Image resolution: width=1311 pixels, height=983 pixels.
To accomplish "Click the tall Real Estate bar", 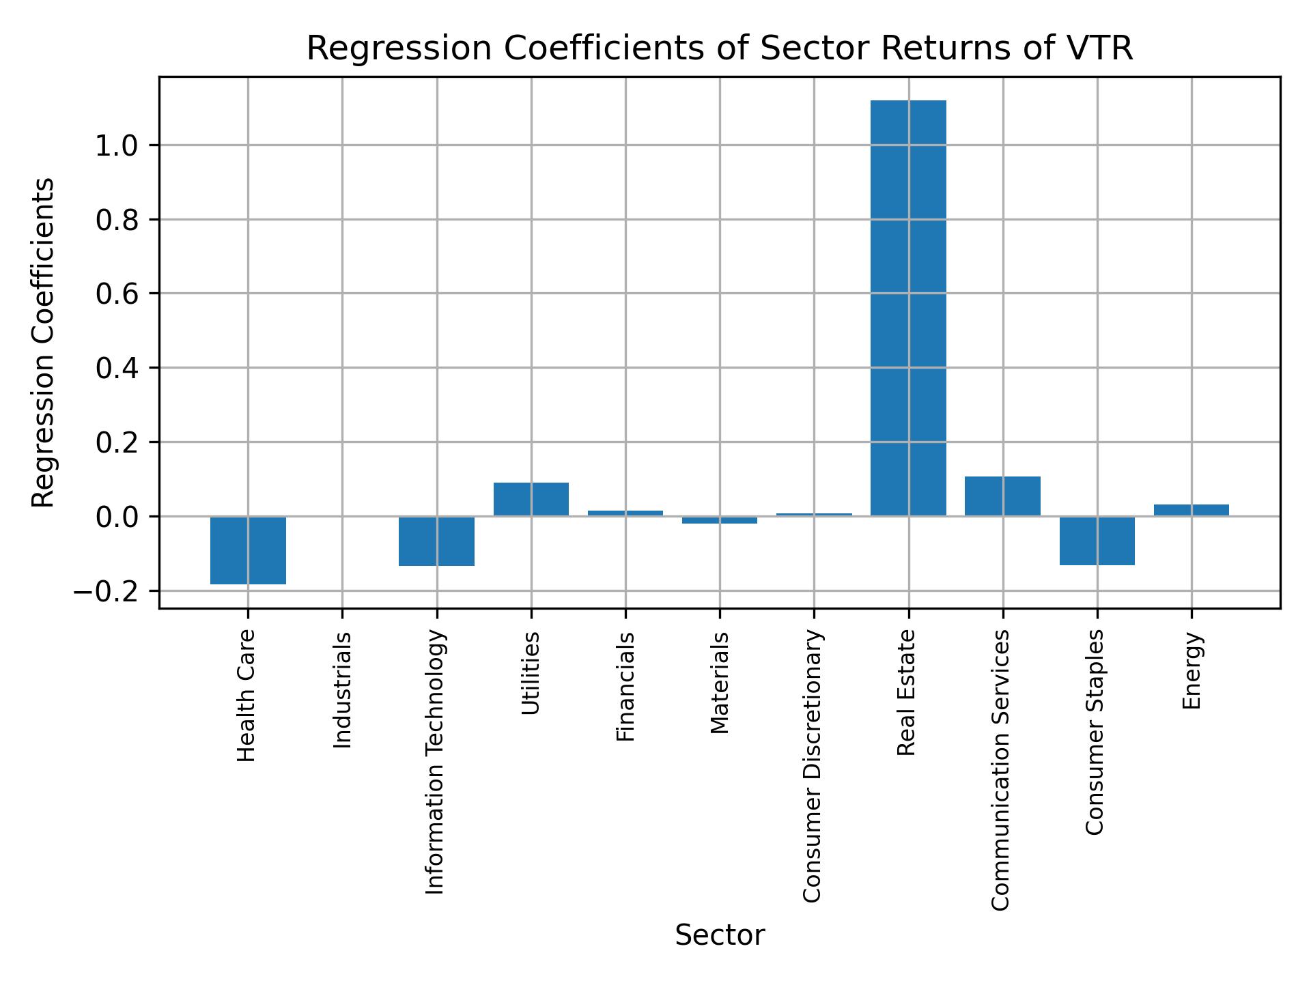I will pyautogui.click(x=908, y=307).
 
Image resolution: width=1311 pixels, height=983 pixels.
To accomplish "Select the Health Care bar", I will pyautogui.click(x=248, y=550).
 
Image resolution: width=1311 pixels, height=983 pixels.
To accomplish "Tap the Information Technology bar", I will pyautogui.click(x=436, y=541).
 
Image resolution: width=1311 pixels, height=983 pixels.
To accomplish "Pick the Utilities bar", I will pyautogui.click(x=531, y=499).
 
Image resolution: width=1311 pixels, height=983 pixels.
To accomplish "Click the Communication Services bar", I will pyautogui.click(x=1002, y=496).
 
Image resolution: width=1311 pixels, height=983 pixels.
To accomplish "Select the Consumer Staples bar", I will pyautogui.click(x=1097, y=541).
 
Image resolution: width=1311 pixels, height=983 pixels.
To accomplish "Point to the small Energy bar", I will pyautogui.click(x=1191, y=510).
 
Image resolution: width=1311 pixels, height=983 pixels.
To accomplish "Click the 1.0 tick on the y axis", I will pyautogui.click(x=117, y=145).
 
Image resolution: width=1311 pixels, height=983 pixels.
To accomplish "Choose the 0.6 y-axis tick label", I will pyautogui.click(x=117, y=294).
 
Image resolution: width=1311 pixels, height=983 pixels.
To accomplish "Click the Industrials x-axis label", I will pyautogui.click(x=343, y=689).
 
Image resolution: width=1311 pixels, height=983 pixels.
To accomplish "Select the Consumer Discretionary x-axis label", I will pyautogui.click(x=812, y=766).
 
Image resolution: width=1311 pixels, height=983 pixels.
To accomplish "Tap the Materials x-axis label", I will pyautogui.click(x=720, y=683).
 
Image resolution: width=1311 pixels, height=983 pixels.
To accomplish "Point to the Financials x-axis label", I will pyautogui.click(x=625, y=686).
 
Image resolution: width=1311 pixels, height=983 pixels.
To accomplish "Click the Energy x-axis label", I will pyautogui.click(x=1192, y=670).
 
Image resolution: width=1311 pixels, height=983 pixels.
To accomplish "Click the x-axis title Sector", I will pyautogui.click(x=720, y=935).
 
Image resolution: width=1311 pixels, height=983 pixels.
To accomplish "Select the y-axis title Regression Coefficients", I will pyautogui.click(x=44, y=343).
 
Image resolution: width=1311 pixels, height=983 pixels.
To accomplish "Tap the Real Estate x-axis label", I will pyautogui.click(x=906, y=693).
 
